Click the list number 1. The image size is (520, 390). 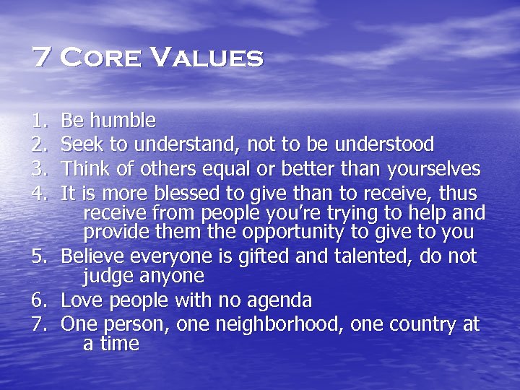[x=37, y=120]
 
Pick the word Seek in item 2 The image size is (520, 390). [x=79, y=144]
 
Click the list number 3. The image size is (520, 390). [x=37, y=169]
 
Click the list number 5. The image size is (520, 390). [x=37, y=257]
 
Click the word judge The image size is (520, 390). [x=108, y=277]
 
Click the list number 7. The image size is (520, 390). [x=37, y=324]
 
